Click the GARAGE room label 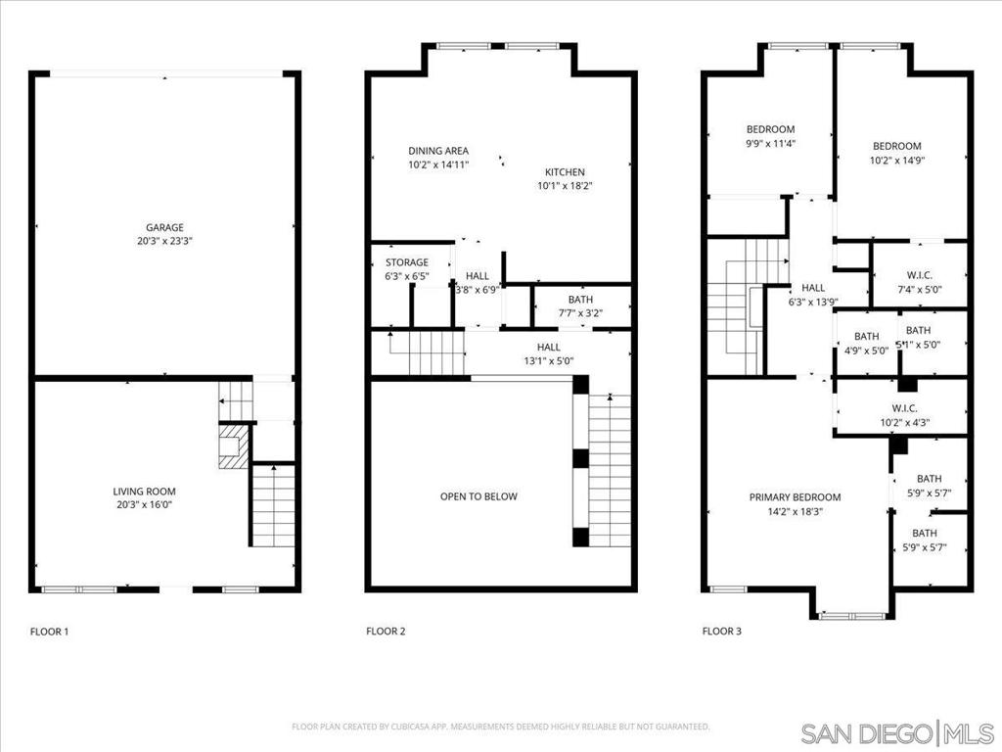click(x=165, y=227)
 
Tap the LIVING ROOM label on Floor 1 click(x=144, y=492)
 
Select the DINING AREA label click(x=438, y=151)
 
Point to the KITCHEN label click(x=565, y=170)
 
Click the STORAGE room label click(x=406, y=262)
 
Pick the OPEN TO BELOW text click(x=478, y=496)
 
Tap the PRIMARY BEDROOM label click(x=795, y=497)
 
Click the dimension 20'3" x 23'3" click(x=165, y=241)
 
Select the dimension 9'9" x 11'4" click(x=770, y=143)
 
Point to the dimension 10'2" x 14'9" click(x=897, y=161)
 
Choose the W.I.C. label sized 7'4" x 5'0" click(x=918, y=276)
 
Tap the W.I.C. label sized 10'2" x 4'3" click(x=904, y=408)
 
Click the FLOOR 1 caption click(x=50, y=632)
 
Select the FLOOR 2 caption click(x=386, y=632)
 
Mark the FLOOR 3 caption click(x=722, y=632)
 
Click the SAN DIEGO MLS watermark click(x=896, y=732)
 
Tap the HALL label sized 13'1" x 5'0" click(x=548, y=347)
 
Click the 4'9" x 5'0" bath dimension click(x=866, y=350)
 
